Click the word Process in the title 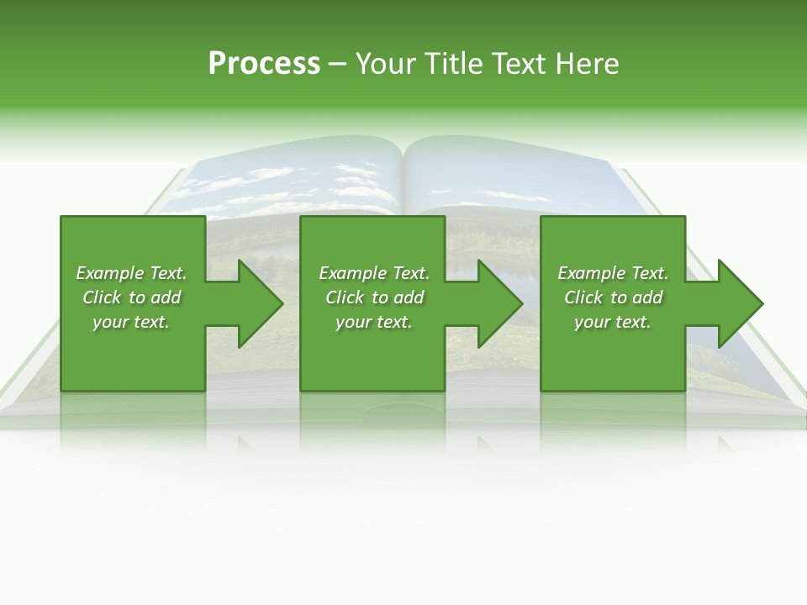(264, 64)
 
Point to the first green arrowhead (256, 303)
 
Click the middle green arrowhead (496, 303)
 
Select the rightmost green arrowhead (736, 303)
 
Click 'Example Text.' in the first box (131, 273)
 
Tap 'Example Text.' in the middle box (374, 273)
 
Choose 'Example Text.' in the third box (613, 273)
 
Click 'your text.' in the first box (131, 322)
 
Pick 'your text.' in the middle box (374, 322)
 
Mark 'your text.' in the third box (613, 322)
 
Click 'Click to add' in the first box (131, 297)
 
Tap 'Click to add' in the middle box (374, 297)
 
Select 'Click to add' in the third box (613, 297)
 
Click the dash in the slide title (337, 64)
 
